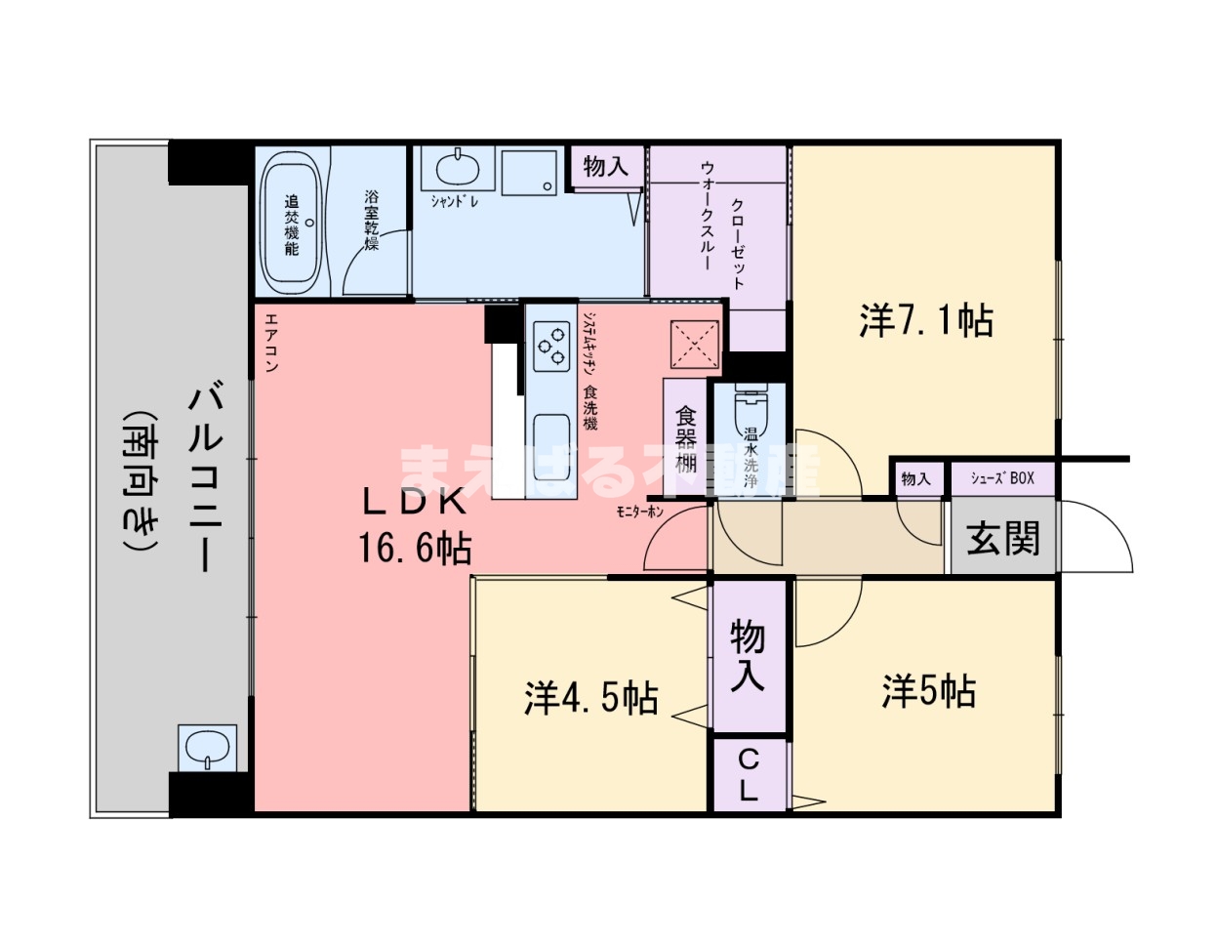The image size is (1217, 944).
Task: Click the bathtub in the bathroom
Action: (291, 223)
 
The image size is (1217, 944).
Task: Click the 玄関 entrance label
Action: (1002, 538)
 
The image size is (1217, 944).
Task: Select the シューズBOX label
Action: (1002, 478)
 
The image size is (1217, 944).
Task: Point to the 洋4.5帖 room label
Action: (590, 698)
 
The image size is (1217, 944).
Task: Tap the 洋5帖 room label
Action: (928, 691)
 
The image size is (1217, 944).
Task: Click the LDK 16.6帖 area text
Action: (415, 527)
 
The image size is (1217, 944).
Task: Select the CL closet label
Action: (749, 774)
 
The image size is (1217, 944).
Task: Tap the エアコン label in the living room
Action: (271, 342)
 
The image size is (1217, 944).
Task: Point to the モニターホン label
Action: (639, 511)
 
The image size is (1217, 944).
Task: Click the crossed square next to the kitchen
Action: (694, 346)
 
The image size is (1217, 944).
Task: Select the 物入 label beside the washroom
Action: (606, 166)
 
